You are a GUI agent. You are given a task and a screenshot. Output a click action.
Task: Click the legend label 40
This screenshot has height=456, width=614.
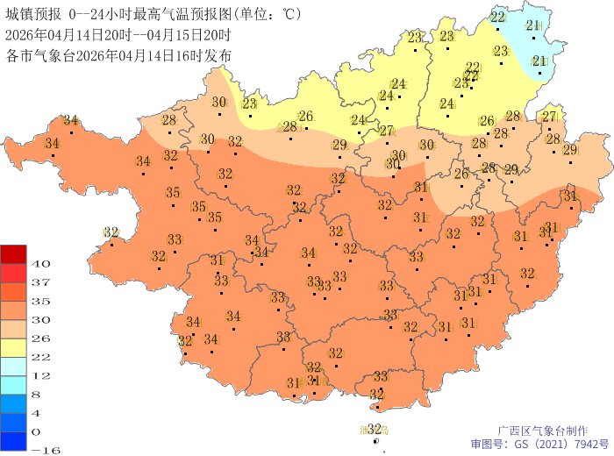pos(40,263)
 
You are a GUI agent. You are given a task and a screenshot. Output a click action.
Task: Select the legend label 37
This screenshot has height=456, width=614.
pos(40,281)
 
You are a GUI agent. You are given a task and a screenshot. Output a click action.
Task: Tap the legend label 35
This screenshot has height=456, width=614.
pos(40,300)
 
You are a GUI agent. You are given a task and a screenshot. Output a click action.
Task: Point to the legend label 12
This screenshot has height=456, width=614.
pos(40,374)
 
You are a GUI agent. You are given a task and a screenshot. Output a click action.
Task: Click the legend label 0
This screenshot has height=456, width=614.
pos(37,431)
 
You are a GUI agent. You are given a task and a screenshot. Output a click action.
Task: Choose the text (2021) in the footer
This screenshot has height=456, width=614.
pos(544,444)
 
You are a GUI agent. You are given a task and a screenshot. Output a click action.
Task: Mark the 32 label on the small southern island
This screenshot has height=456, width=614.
pos(375,429)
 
